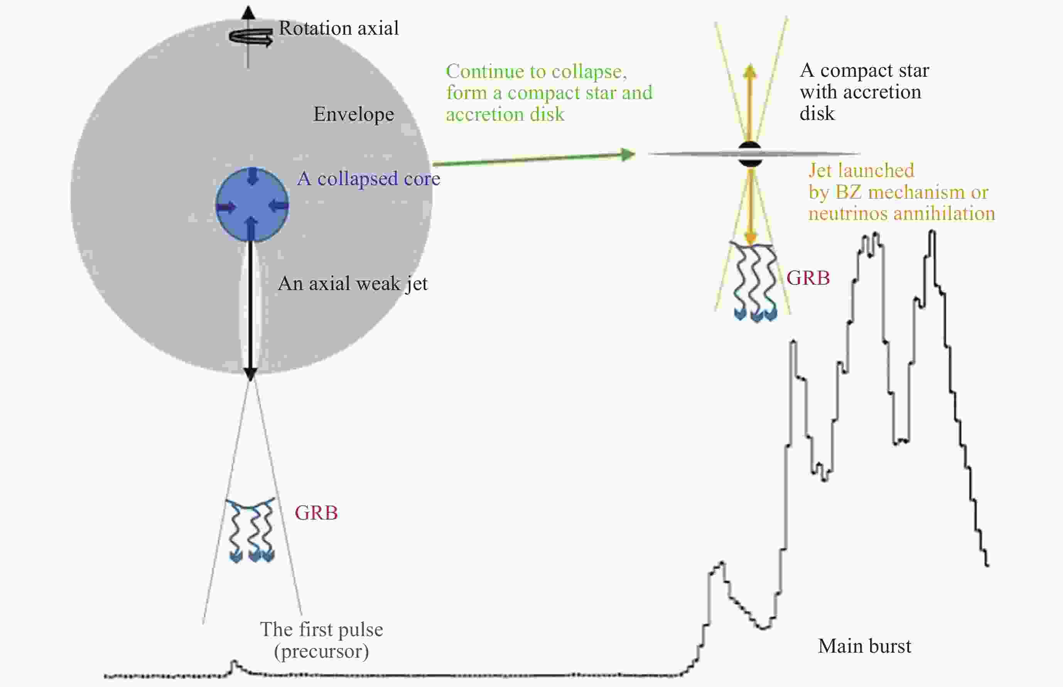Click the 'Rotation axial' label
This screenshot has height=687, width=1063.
coord(339,28)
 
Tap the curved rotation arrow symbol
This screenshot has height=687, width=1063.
coord(251,37)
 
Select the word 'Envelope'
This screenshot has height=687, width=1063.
coord(354,115)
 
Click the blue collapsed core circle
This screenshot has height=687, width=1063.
coord(252,205)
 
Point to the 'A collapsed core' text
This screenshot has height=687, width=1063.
coord(369,179)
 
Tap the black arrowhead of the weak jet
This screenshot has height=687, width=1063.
coord(250,374)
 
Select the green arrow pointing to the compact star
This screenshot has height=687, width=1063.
coord(534,159)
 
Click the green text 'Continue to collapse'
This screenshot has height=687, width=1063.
coord(536,71)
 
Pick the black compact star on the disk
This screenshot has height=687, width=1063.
coord(750,154)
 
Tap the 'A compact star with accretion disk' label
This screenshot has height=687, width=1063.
coord(864,92)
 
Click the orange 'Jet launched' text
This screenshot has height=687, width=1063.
coord(861,170)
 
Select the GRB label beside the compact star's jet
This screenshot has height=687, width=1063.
coord(808,278)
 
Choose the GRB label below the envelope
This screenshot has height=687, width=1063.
coord(316,513)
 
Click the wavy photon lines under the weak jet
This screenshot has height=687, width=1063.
coord(251,530)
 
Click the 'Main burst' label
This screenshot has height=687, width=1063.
coord(864,646)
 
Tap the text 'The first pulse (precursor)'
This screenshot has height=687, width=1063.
coord(322,640)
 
